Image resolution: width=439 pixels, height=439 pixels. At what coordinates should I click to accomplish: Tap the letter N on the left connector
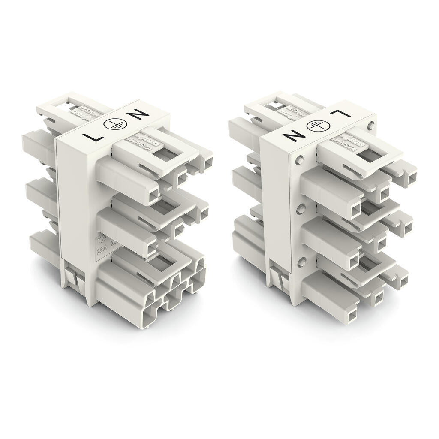click(138, 115)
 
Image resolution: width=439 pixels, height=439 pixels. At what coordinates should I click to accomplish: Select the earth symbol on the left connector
click(114, 126)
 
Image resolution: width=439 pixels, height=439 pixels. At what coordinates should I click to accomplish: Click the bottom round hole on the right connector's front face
click(302, 260)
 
